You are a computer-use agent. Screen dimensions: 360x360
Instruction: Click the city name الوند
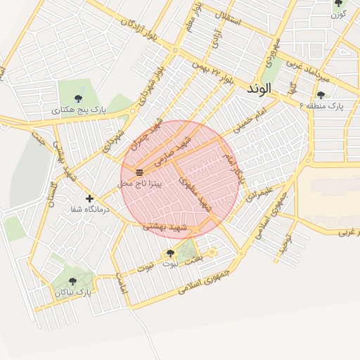coord(263,91)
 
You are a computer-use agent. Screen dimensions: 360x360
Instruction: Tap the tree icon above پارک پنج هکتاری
coord(79,98)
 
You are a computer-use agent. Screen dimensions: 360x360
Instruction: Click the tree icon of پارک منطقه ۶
coord(321,95)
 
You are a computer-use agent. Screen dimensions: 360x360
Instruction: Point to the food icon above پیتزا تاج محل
coord(139,172)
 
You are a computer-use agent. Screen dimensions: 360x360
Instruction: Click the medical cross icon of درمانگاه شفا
coord(89,199)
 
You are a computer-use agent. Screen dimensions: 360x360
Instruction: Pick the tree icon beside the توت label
coord(170,253)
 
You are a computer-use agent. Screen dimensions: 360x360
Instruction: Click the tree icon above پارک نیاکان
coord(73,281)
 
